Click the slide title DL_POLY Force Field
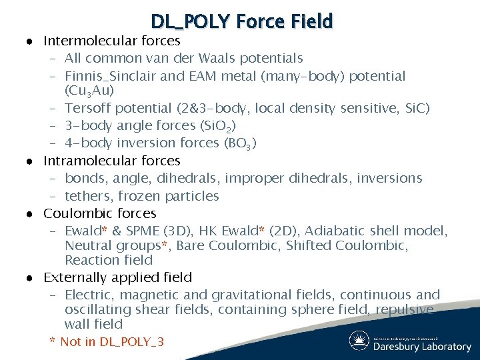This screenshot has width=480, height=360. click(241, 22)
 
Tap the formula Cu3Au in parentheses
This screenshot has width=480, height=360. click(86, 90)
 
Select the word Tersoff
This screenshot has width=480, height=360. click(89, 108)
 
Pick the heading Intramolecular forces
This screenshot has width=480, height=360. click(112, 161)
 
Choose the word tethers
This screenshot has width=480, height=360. click(88, 196)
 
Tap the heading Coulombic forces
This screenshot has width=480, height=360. click(100, 213)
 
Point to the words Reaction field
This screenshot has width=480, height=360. click(109, 260)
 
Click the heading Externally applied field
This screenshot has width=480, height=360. click(118, 277)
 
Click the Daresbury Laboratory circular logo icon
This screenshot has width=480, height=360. click(360, 341)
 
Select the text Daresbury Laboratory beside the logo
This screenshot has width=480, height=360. click(421, 347)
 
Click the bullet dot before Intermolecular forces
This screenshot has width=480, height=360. click(31, 41)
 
